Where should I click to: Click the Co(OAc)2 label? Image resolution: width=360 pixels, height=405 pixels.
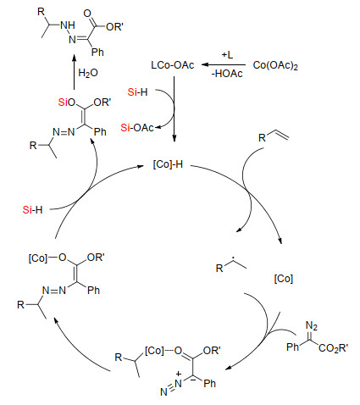click(275, 65)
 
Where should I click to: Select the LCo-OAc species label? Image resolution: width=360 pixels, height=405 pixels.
click(173, 65)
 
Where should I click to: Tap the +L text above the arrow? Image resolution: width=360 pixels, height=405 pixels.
click(227, 54)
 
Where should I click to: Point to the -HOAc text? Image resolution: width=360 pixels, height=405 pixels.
click(227, 74)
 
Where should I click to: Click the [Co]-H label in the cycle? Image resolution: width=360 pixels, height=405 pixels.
click(168, 164)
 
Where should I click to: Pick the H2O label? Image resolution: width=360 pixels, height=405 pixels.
click(88, 73)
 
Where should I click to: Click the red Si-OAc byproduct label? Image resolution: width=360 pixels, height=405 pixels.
click(137, 128)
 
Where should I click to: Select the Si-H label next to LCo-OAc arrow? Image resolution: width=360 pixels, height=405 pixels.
click(137, 92)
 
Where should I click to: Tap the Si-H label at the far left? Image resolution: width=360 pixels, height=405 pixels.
click(32, 210)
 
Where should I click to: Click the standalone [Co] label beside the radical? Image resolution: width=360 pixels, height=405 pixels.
click(284, 279)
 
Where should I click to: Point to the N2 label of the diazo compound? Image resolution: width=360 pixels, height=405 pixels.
click(312, 326)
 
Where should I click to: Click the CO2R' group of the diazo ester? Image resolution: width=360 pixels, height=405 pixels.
click(333, 347)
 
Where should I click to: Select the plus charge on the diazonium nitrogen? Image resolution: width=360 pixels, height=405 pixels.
click(179, 374)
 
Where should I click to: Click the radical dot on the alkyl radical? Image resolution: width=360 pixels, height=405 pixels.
click(233, 258)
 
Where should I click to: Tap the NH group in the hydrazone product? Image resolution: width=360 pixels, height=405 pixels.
click(68, 25)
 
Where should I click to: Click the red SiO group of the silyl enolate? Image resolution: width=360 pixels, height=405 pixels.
click(67, 103)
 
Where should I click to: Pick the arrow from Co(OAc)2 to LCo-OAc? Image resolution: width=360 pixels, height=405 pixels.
click(224, 65)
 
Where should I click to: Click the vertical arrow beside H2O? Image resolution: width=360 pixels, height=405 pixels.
click(74, 72)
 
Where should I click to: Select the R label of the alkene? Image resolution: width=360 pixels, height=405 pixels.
click(262, 138)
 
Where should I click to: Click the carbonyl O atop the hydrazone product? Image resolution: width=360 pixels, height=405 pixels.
click(87, 14)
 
